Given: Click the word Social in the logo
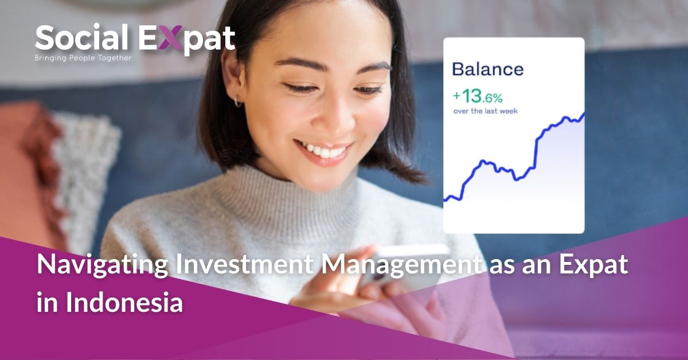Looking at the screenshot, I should [x=81, y=39].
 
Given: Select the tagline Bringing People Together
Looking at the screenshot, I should [x=83, y=58].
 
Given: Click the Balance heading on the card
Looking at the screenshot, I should [x=487, y=69].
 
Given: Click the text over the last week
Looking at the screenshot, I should [x=485, y=111].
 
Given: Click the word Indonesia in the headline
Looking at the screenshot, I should [x=124, y=302].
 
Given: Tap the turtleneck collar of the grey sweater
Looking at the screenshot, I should [x=287, y=192].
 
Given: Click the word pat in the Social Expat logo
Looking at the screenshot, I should [x=210, y=40].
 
